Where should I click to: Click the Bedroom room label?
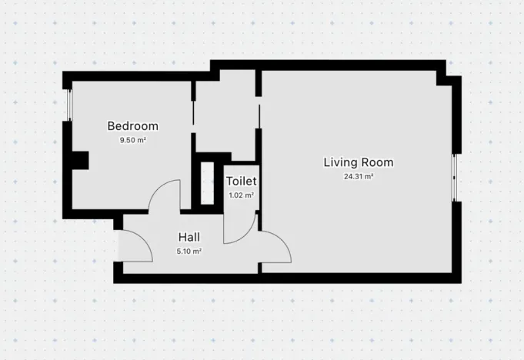point(132,126)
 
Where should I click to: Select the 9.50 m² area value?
point(132,141)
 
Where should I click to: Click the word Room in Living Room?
point(378,162)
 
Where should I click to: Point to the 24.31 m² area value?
point(359,176)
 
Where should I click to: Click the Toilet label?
point(241,182)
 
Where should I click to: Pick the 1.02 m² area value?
point(241,195)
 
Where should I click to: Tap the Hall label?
point(190,237)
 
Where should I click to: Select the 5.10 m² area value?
point(190,251)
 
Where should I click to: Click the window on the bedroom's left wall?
point(68,105)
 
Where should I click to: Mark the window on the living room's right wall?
point(455,177)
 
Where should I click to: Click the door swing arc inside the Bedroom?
point(163,195)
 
